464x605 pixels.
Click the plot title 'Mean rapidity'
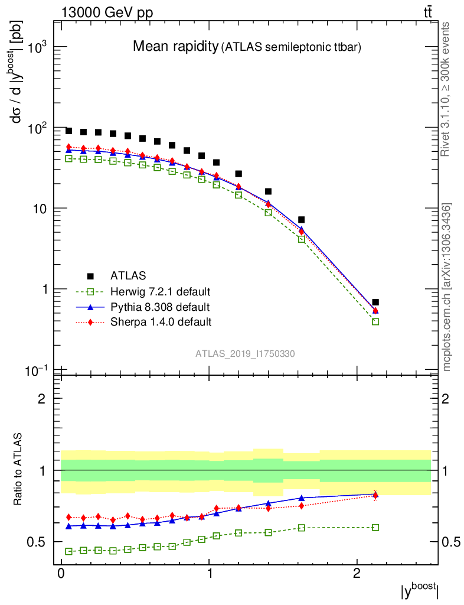click(175, 47)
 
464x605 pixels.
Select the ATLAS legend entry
click(128, 276)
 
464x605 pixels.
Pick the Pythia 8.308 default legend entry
click(159, 307)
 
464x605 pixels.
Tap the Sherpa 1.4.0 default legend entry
click(161, 323)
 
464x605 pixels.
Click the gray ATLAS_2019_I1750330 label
click(245, 354)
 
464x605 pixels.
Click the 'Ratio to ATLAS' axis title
click(19, 470)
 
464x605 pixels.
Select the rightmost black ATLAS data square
click(375, 302)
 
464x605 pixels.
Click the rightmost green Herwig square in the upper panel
click(375, 321)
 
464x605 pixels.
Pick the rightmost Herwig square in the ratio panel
click(375, 527)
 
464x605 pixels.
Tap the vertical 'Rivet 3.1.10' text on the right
click(446, 89)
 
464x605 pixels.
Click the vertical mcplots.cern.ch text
click(447, 287)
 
